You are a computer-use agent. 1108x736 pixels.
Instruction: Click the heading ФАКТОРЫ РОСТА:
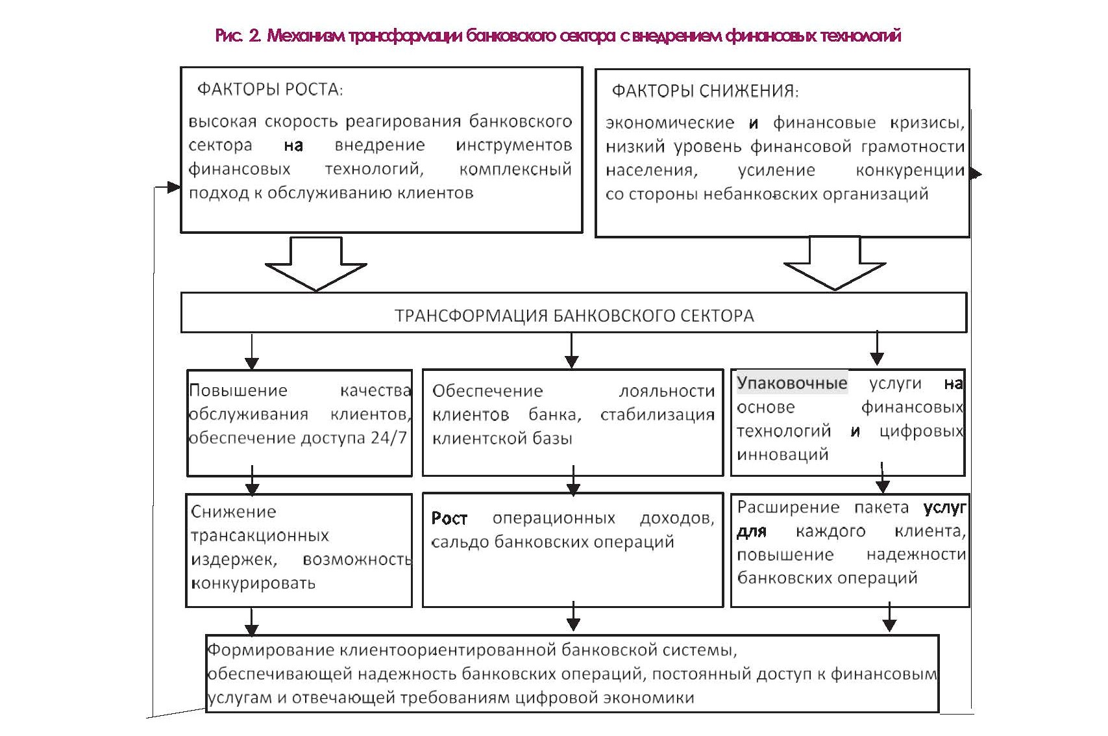270,90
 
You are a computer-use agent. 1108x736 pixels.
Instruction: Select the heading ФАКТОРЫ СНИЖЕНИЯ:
705,92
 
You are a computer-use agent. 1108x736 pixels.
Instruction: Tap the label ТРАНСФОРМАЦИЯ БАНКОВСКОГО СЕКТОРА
574,316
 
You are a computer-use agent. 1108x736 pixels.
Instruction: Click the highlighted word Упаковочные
792,383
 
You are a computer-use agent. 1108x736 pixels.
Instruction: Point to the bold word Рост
449,518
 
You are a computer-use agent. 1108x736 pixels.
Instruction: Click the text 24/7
389,438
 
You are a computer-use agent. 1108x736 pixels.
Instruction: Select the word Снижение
234,511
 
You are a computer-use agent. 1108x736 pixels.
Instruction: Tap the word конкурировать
253,583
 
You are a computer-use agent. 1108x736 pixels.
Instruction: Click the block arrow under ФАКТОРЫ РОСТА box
316,264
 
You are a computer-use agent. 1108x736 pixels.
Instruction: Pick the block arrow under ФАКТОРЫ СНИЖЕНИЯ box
835,263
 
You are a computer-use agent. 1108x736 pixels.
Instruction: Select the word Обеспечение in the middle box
487,391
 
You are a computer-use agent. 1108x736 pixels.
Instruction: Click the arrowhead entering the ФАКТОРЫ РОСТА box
174,187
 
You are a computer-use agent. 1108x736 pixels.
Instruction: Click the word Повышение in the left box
238,390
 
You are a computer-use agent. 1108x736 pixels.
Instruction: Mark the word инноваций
783,454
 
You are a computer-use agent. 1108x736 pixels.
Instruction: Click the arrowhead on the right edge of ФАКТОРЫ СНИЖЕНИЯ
976,173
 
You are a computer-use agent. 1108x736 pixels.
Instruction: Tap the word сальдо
459,542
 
